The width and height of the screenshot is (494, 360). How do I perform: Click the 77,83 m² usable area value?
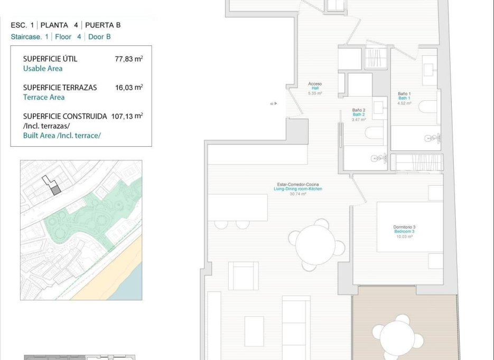click(128, 59)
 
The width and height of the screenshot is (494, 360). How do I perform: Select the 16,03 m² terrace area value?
click(128, 88)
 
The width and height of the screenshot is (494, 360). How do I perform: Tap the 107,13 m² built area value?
click(127, 116)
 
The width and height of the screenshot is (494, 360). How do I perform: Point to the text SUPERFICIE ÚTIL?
click(50, 59)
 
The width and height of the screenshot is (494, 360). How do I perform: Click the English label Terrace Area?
click(44, 97)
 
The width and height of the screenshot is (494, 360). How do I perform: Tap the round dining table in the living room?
click(315, 244)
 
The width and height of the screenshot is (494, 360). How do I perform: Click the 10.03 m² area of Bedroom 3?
click(404, 236)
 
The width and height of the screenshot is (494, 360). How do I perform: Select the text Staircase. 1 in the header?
click(30, 37)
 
